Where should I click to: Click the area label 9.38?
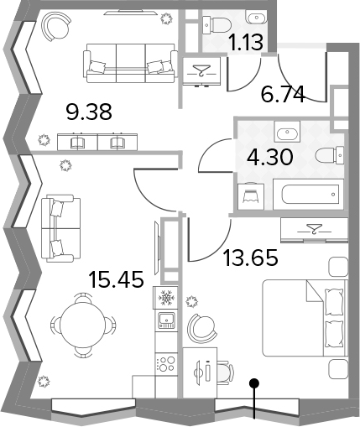tap(89, 112)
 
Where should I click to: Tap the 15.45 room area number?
tap(116, 279)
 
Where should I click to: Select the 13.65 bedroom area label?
tap(251, 258)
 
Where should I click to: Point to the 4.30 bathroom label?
tap(270, 157)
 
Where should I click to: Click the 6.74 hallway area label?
tap(283, 94)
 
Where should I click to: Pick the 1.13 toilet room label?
tap(246, 43)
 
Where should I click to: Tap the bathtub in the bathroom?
tap(308, 195)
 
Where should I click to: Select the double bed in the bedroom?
tap(305, 318)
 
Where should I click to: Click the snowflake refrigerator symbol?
tap(166, 298)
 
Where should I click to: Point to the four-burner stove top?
tap(166, 363)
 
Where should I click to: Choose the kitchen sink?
tap(167, 320)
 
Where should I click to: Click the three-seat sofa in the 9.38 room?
tap(130, 63)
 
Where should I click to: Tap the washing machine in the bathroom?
tap(251, 196)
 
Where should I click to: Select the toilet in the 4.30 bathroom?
tap(330, 155)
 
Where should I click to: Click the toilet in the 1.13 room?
tap(216, 24)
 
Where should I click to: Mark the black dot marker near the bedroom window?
tap(254, 383)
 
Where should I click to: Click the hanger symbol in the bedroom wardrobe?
tap(314, 229)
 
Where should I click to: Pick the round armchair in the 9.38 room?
tap(56, 27)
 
